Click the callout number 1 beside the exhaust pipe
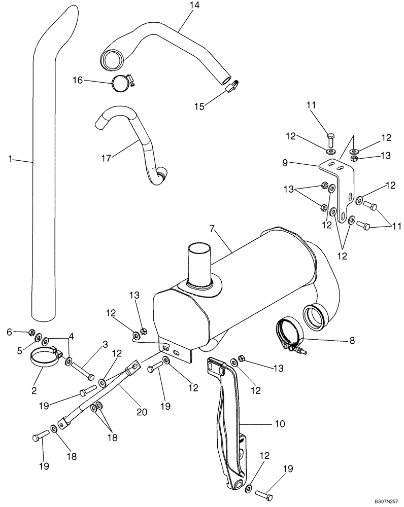11,159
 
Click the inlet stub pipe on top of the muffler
199,263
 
